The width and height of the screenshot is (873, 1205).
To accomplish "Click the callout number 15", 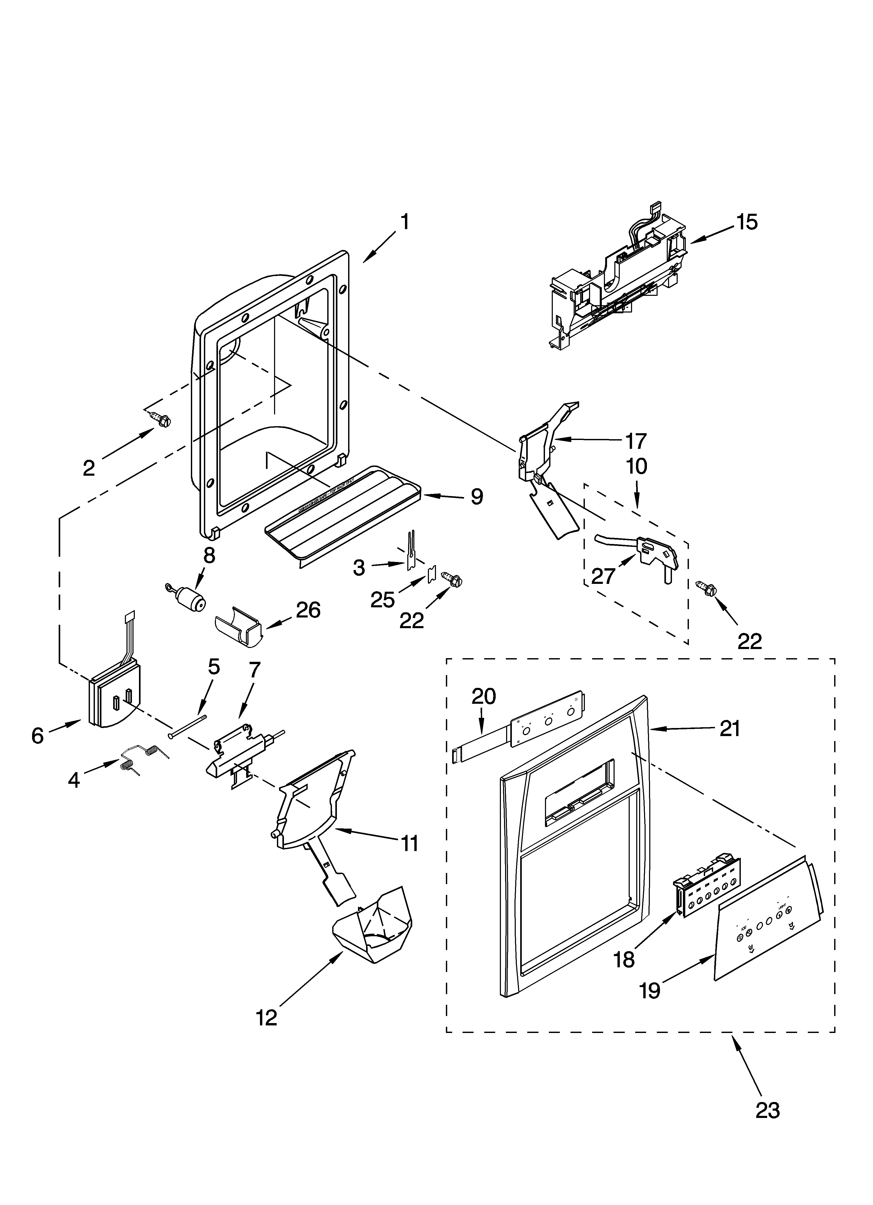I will coord(747,222).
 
